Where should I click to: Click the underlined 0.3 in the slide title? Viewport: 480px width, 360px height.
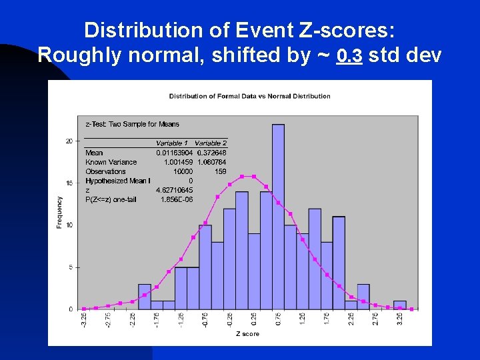[349, 56]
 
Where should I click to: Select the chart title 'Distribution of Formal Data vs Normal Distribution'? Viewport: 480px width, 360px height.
[249, 96]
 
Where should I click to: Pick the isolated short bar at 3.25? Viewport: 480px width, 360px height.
[400, 305]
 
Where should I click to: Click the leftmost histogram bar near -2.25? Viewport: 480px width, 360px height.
[145, 297]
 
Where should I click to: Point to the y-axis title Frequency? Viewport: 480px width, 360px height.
[60, 212]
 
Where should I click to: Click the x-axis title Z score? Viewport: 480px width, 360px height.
[247, 333]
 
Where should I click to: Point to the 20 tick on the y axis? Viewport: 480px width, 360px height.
[69, 141]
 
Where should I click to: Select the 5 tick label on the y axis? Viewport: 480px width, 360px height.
[71, 267]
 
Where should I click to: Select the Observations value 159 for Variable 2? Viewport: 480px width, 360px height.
[220, 171]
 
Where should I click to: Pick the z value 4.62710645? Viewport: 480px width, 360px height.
[175, 190]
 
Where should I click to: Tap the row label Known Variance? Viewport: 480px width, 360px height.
[111, 162]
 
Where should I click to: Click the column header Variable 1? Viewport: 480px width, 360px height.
[172, 143]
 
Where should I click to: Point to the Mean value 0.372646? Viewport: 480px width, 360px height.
[212, 153]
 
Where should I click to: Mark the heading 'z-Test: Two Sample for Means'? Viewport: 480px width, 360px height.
[133, 124]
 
